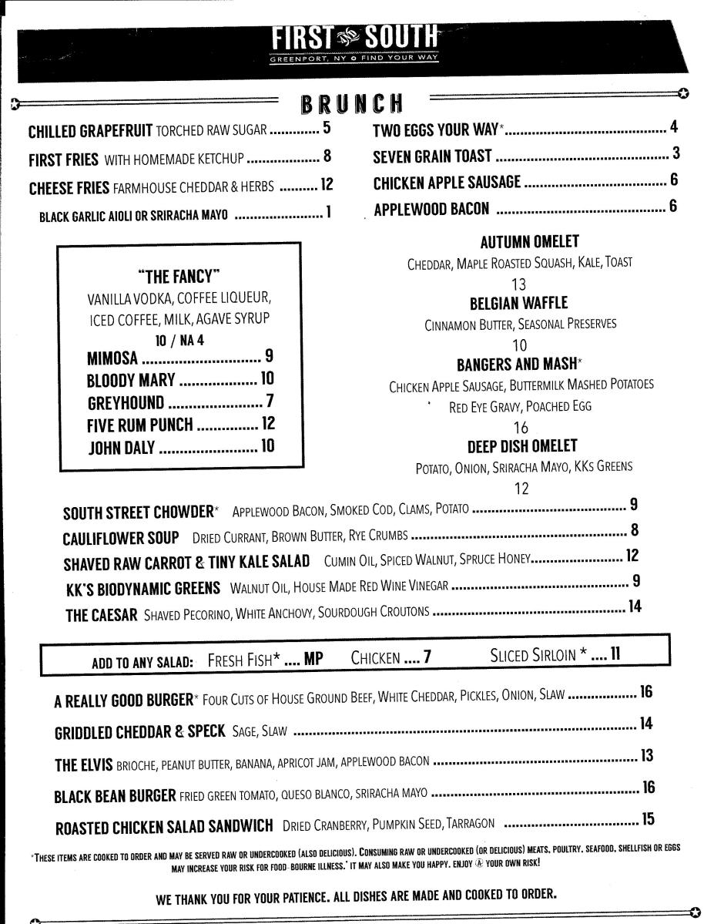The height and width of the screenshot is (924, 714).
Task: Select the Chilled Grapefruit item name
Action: tap(92, 130)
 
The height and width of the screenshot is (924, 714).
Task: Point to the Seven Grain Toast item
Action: tap(432, 156)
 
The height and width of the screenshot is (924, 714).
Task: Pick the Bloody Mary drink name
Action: tap(132, 380)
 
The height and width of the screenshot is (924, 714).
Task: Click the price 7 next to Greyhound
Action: tap(270, 402)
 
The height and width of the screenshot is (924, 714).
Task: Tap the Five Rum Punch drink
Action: tap(142, 425)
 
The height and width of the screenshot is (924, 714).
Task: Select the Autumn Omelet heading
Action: tap(529, 242)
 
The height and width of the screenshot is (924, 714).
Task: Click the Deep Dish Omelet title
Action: tap(521, 446)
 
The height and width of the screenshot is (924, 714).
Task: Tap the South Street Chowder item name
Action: tap(138, 512)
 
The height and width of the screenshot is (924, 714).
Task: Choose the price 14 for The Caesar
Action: tap(634, 607)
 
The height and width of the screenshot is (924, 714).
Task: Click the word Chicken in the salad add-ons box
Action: tap(375, 657)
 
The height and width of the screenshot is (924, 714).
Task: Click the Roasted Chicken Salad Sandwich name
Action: tap(164, 827)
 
